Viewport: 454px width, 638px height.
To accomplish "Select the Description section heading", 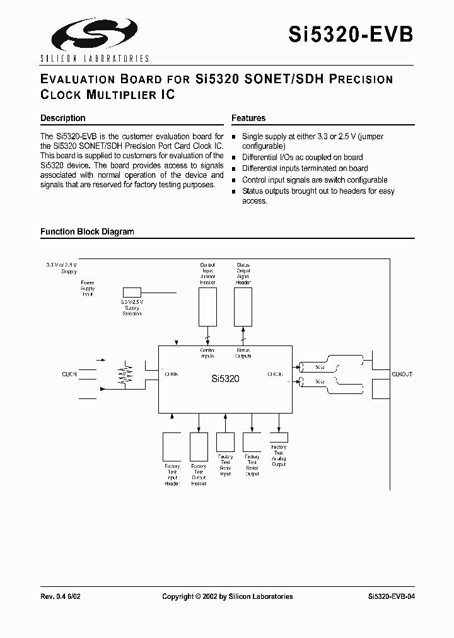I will (x=62, y=118).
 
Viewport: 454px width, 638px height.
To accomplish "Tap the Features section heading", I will (x=248, y=118).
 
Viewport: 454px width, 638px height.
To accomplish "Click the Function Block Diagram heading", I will (x=87, y=231).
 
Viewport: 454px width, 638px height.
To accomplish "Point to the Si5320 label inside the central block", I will (x=224, y=380).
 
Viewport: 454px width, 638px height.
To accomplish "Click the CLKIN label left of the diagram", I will (x=69, y=374).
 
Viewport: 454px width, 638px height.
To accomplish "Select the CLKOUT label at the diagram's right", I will (x=402, y=374).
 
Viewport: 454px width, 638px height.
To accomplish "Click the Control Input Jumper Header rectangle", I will (x=207, y=308).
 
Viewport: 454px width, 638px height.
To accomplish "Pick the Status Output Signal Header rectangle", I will (x=243, y=308).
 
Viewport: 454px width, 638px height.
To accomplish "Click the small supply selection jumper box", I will (x=132, y=293).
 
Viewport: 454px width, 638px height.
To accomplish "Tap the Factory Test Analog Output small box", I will (x=279, y=437).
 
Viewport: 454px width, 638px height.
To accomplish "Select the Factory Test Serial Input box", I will (x=225, y=441).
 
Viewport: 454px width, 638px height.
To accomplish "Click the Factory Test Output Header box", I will (x=199, y=447).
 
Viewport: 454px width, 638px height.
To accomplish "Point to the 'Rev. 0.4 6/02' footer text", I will (x=61, y=596).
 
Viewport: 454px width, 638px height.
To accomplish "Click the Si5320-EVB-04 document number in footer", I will (x=390, y=596).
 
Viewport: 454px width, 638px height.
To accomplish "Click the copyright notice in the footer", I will (x=227, y=596).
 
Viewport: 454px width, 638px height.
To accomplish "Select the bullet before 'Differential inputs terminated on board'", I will (x=235, y=169).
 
